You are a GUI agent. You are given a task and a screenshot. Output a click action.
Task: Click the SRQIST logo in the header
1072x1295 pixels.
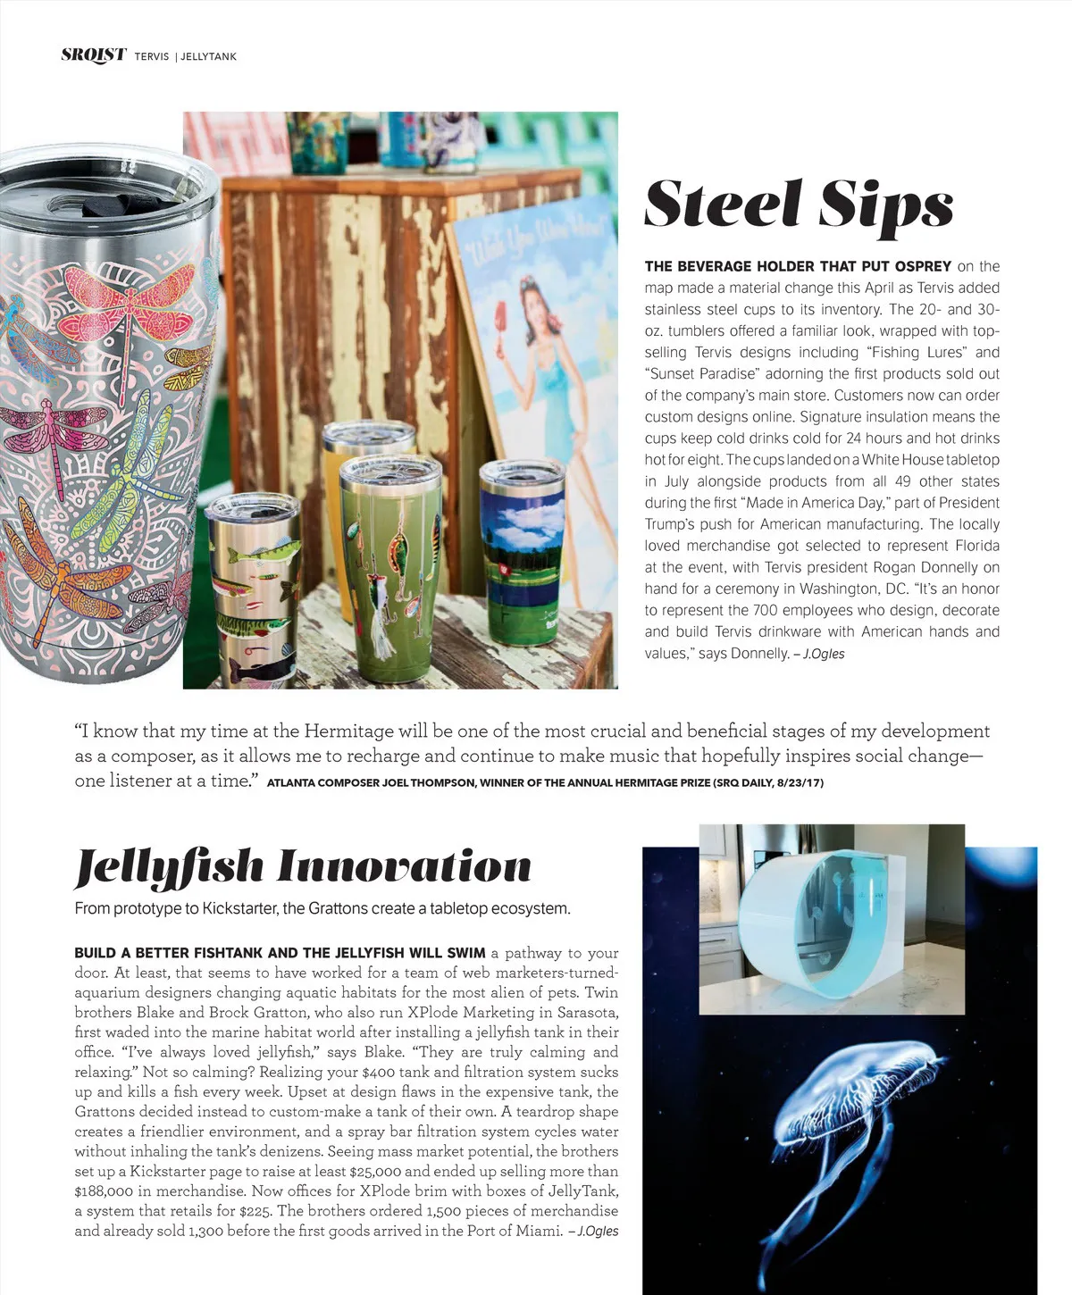click(x=93, y=54)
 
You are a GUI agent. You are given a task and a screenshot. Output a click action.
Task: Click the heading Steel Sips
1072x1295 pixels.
click(x=799, y=205)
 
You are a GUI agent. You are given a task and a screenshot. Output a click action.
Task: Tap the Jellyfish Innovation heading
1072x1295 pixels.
click(x=303, y=866)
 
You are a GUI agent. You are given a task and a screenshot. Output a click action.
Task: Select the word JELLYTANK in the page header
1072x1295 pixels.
click(x=208, y=56)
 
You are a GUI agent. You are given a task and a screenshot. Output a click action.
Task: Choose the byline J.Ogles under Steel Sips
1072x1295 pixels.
click(x=823, y=654)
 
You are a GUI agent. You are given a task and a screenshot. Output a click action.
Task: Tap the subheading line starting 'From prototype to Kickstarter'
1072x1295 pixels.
click(x=322, y=909)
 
